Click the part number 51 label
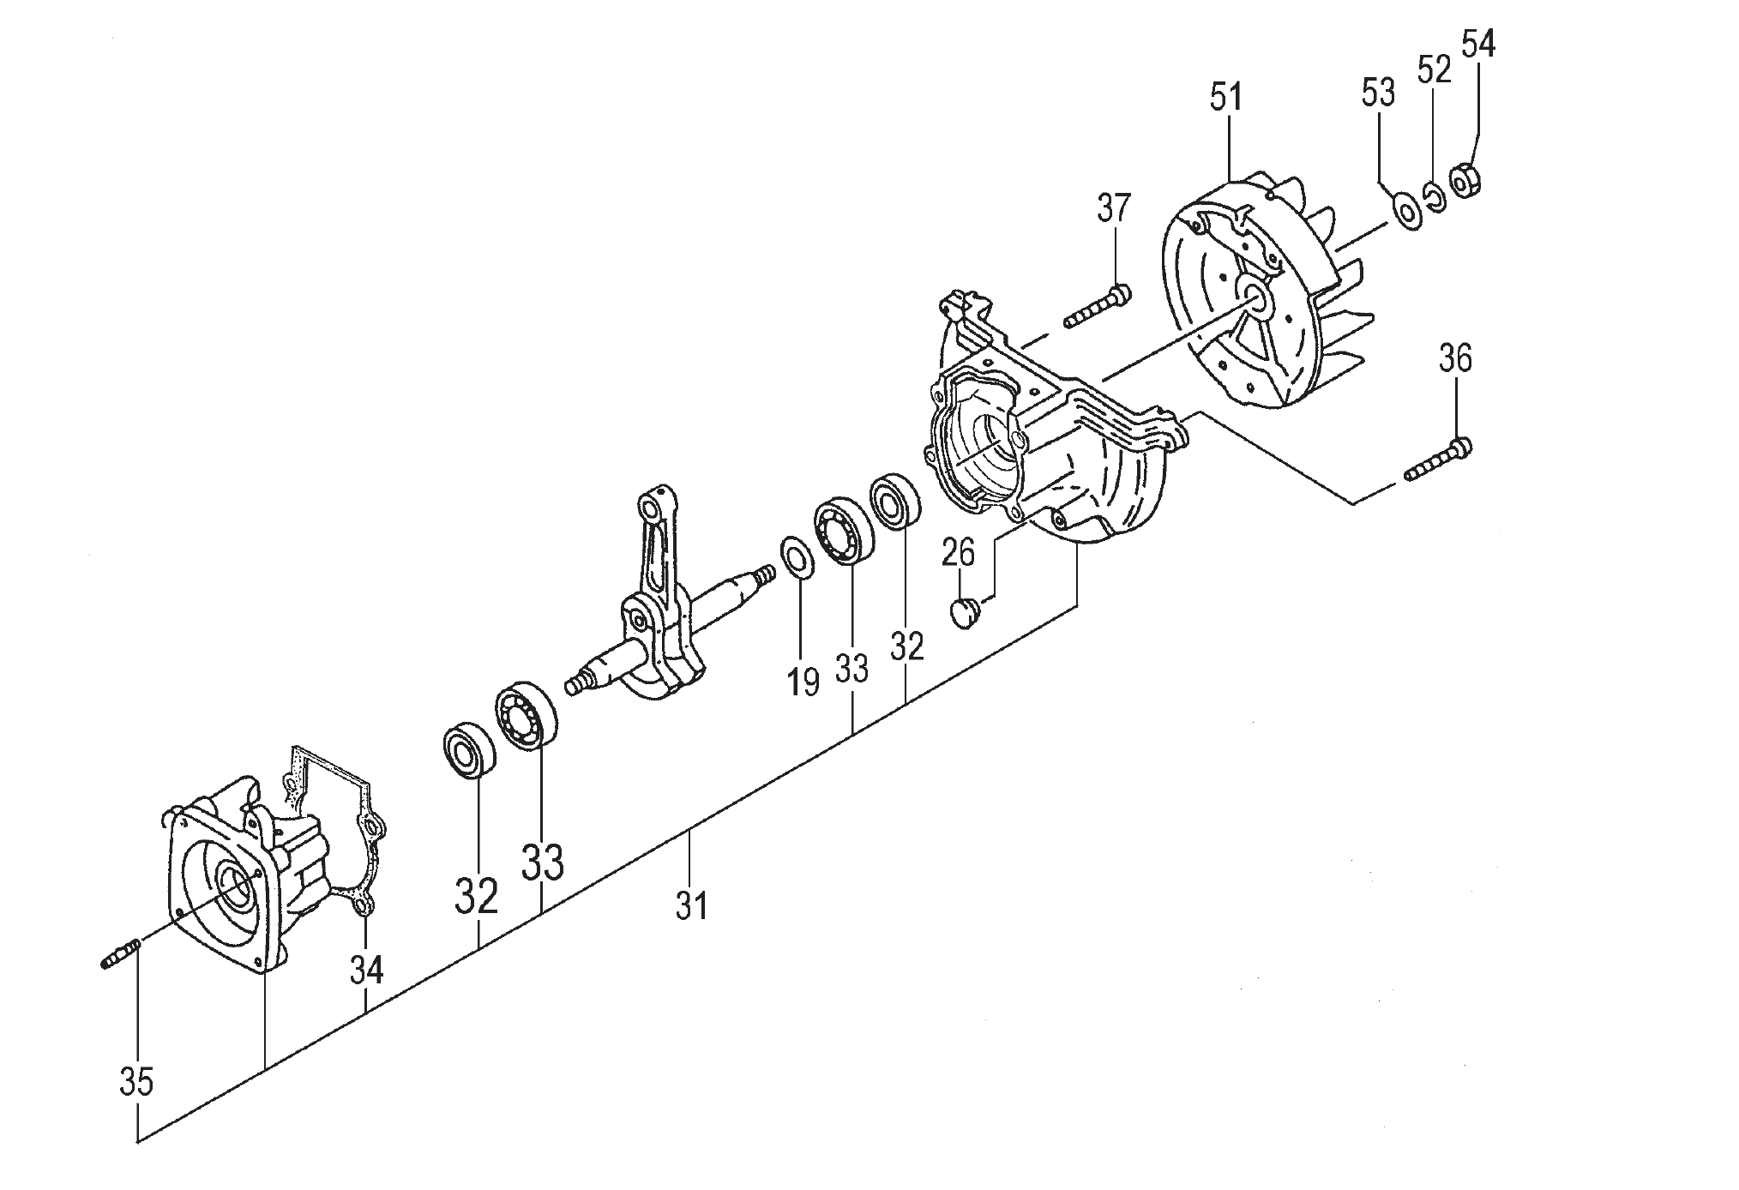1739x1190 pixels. (1225, 97)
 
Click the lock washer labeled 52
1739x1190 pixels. (1434, 196)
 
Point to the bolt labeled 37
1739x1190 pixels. (1096, 307)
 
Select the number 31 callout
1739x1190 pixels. (691, 905)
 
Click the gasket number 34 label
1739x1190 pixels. (366, 970)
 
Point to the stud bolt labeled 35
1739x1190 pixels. (120, 953)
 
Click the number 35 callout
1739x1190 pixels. (136, 1082)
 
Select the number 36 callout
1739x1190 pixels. (1455, 358)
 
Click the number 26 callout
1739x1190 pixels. (958, 553)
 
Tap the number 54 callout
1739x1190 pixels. (1477, 44)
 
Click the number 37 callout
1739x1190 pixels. (1113, 207)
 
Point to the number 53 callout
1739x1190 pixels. (1378, 93)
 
